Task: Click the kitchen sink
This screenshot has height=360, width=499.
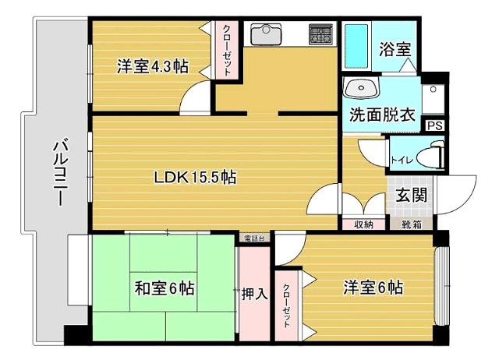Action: coord(266,34)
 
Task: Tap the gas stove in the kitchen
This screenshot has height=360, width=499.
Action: coord(320,34)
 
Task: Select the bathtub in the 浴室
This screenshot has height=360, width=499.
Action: coord(356,46)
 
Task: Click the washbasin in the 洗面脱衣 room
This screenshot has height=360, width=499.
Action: coord(361,88)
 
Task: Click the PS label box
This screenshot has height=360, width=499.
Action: coord(435,125)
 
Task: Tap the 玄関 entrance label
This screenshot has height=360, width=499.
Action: coord(411,195)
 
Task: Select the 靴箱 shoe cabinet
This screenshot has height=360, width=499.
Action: coord(411,224)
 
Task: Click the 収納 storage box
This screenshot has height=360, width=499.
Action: coord(364,224)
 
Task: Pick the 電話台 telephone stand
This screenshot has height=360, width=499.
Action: coord(254,238)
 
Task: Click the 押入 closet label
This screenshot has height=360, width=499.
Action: coord(254,294)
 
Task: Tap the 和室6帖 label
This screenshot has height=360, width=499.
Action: coord(165,288)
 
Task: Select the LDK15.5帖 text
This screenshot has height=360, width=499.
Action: coord(195,177)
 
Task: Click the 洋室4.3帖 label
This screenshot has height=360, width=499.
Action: coord(153,66)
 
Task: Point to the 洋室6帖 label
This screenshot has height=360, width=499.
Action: coord(373,288)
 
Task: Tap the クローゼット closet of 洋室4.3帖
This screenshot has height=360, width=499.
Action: coord(227,50)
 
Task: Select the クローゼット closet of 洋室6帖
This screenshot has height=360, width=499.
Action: coord(287,305)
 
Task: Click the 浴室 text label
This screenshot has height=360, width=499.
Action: coord(395,49)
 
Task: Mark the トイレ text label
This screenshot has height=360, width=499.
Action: coord(402,159)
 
